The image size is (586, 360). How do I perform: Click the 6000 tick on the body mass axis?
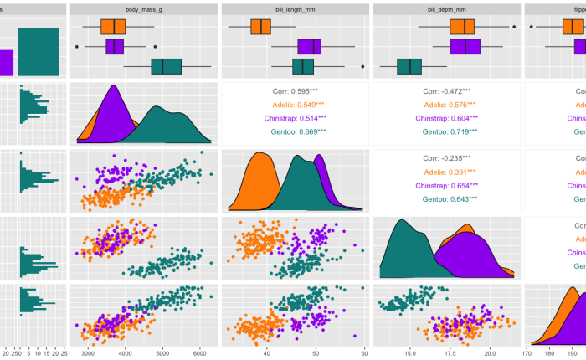pyautogui.click(x=199, y=353)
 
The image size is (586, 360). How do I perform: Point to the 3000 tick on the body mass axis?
pyautogui.click(x=87, y=353)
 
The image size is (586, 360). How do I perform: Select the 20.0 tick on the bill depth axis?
pyautogui.click(x=489, y=353)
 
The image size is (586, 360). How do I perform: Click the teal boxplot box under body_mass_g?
pyautogui.click(x=166, y=67)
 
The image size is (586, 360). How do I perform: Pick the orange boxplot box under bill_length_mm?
pyautogui.click(x=261, y=26)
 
